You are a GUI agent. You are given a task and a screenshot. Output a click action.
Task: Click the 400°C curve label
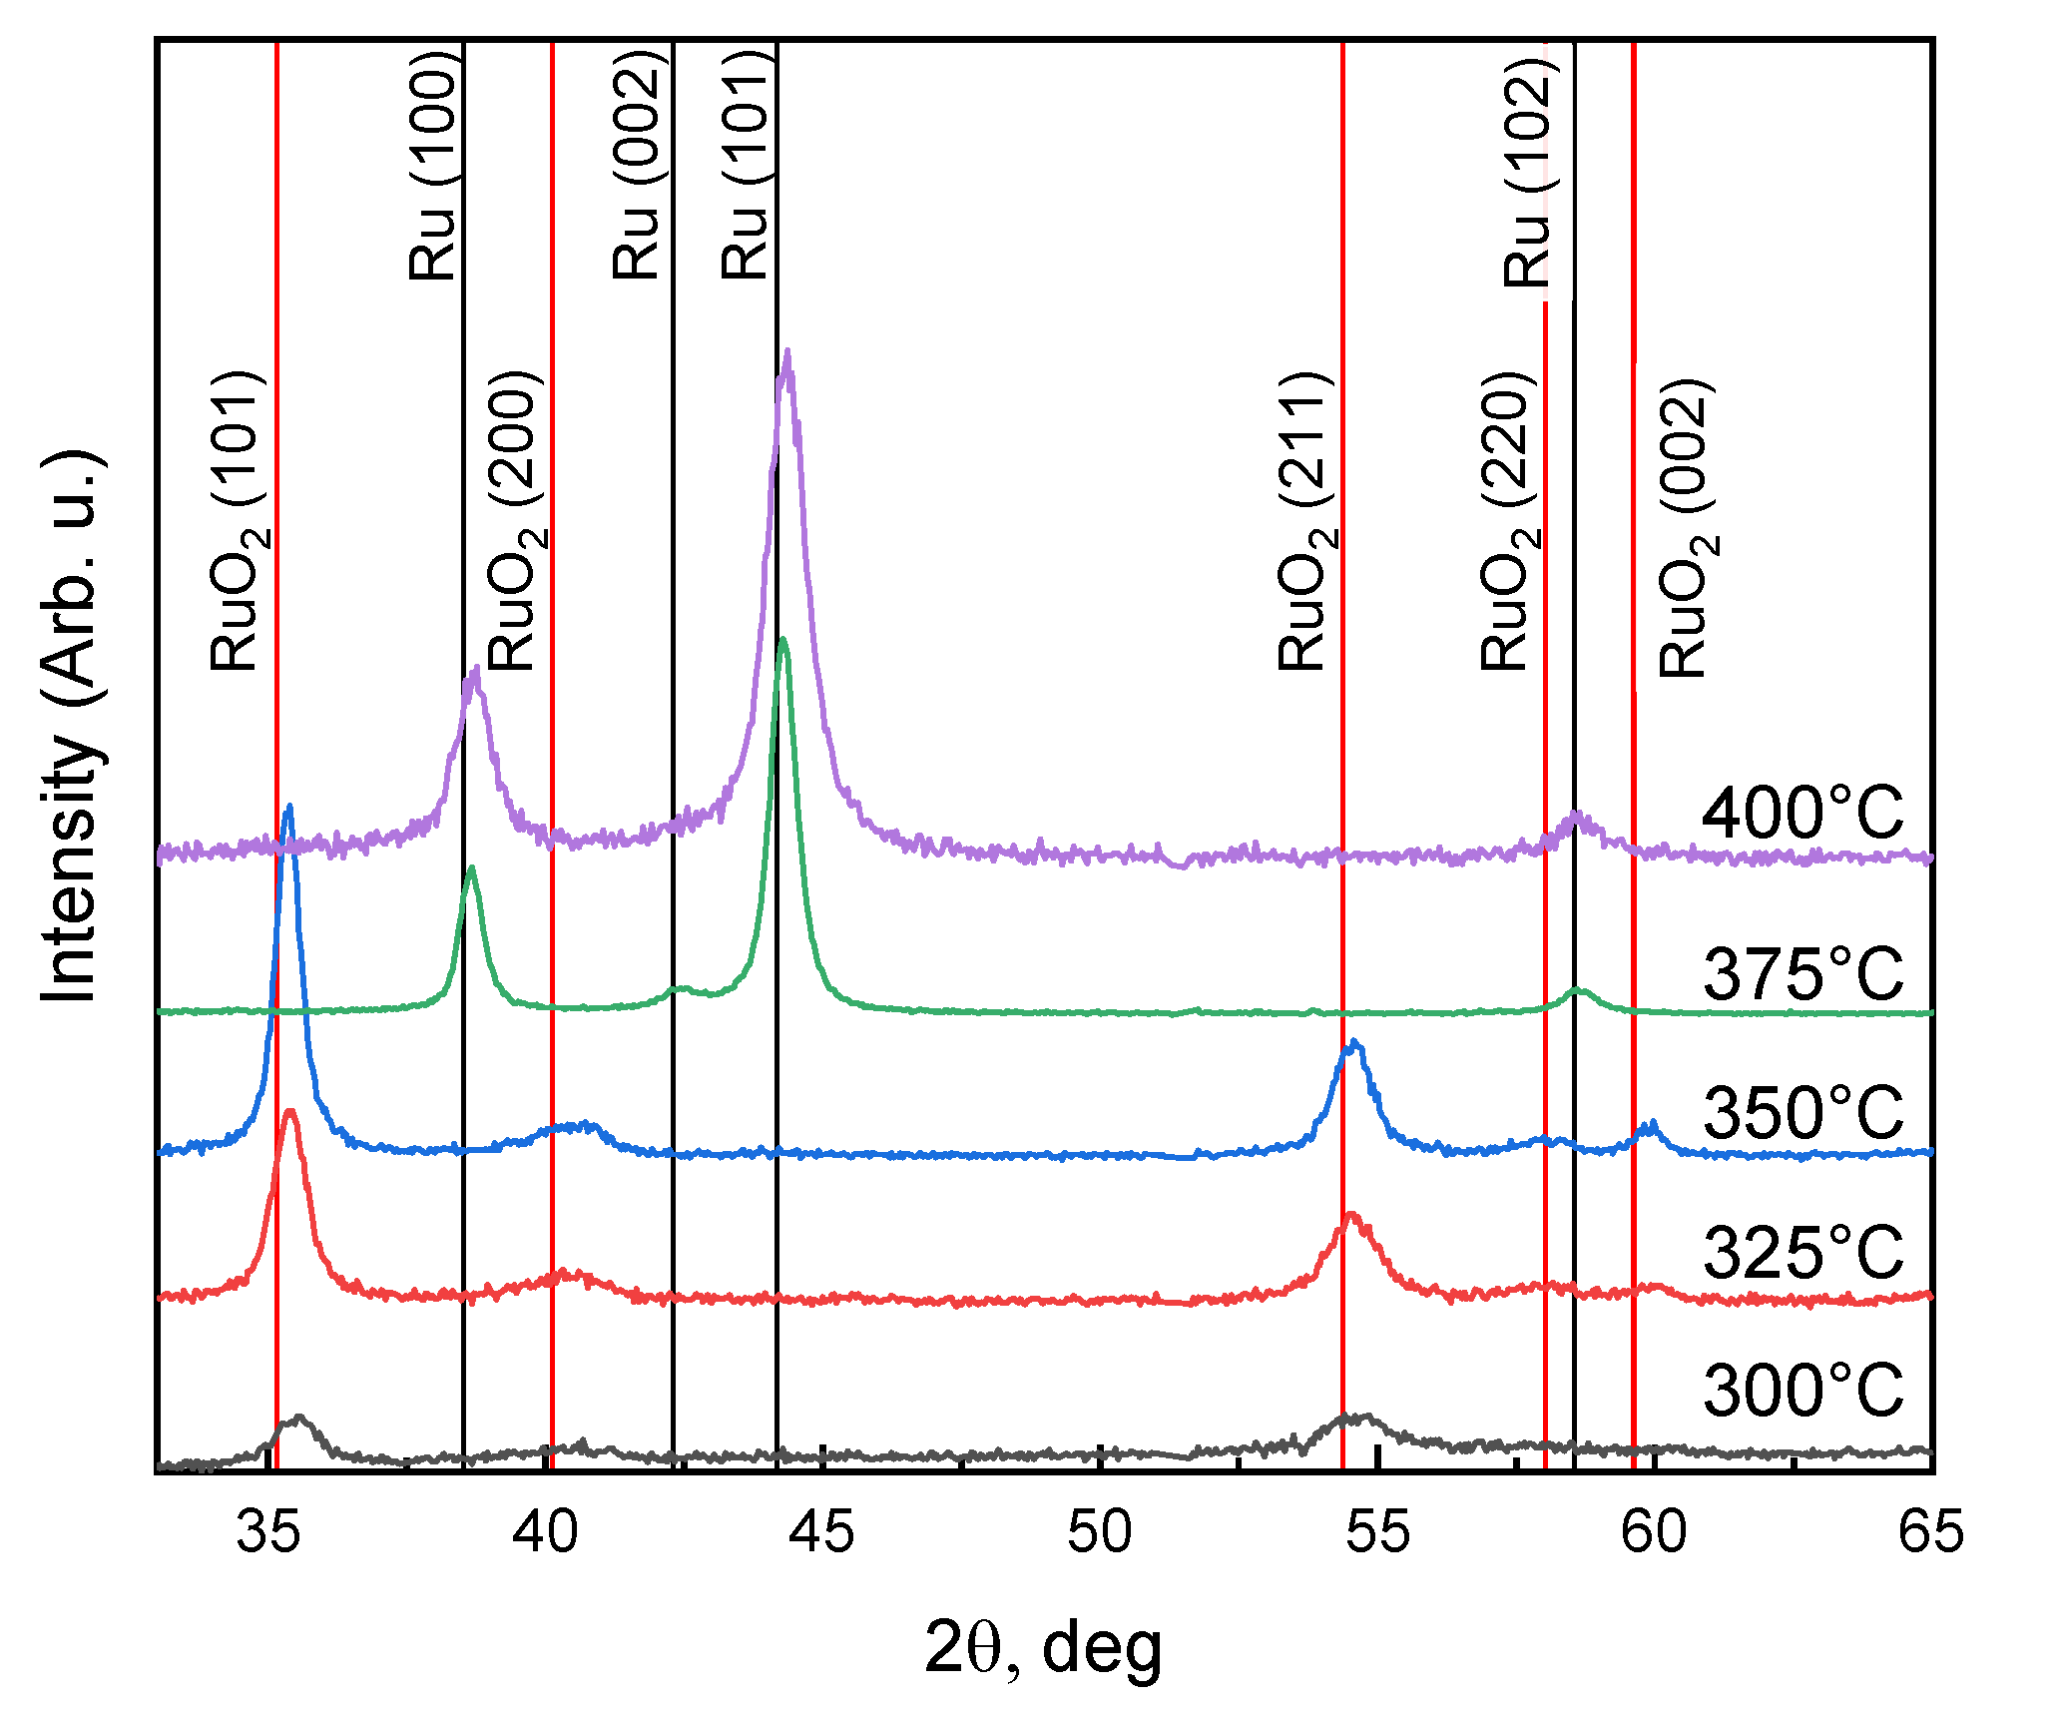pos(1802,814)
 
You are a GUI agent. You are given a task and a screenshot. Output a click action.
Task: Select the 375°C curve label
pos(1802,974)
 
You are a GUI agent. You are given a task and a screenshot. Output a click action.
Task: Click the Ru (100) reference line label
pos(434,165)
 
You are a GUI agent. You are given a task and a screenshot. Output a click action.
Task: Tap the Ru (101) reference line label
pos(747,165)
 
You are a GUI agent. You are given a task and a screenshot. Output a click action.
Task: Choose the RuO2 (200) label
pos(515,520)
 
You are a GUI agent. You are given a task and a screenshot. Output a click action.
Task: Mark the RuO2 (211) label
pos(1304,520)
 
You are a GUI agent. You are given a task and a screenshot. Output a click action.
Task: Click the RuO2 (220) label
pos(1507,520)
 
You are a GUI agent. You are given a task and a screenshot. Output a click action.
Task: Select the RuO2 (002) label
pos(1687,528)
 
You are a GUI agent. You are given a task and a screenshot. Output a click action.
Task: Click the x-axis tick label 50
pos(1099,1532)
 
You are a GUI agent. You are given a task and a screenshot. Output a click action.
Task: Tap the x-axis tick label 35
pos(267,1532)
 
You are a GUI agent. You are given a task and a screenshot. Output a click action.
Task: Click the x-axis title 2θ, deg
pos(1043,1649)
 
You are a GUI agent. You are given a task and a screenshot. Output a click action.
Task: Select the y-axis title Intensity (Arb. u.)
pos(72,726)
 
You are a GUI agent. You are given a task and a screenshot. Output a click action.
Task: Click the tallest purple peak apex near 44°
pos(788,351)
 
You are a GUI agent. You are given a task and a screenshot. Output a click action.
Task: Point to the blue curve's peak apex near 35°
pos(289,807)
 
